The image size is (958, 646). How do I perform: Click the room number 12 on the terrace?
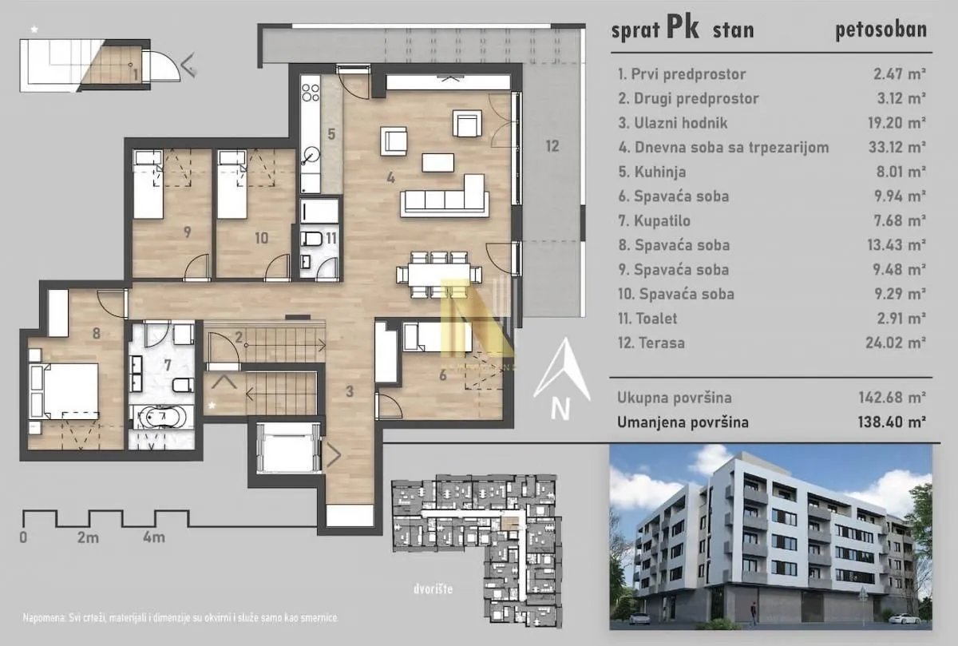(552, 146)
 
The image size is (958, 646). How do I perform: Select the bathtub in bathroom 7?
(160, 417)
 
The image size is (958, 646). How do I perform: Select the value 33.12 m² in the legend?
(900, 147)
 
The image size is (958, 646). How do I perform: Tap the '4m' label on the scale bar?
(154, 537)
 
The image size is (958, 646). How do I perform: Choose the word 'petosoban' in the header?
(881, 30)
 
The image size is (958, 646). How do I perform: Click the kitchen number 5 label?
(331, 133)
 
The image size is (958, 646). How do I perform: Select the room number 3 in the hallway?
(349, 391)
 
